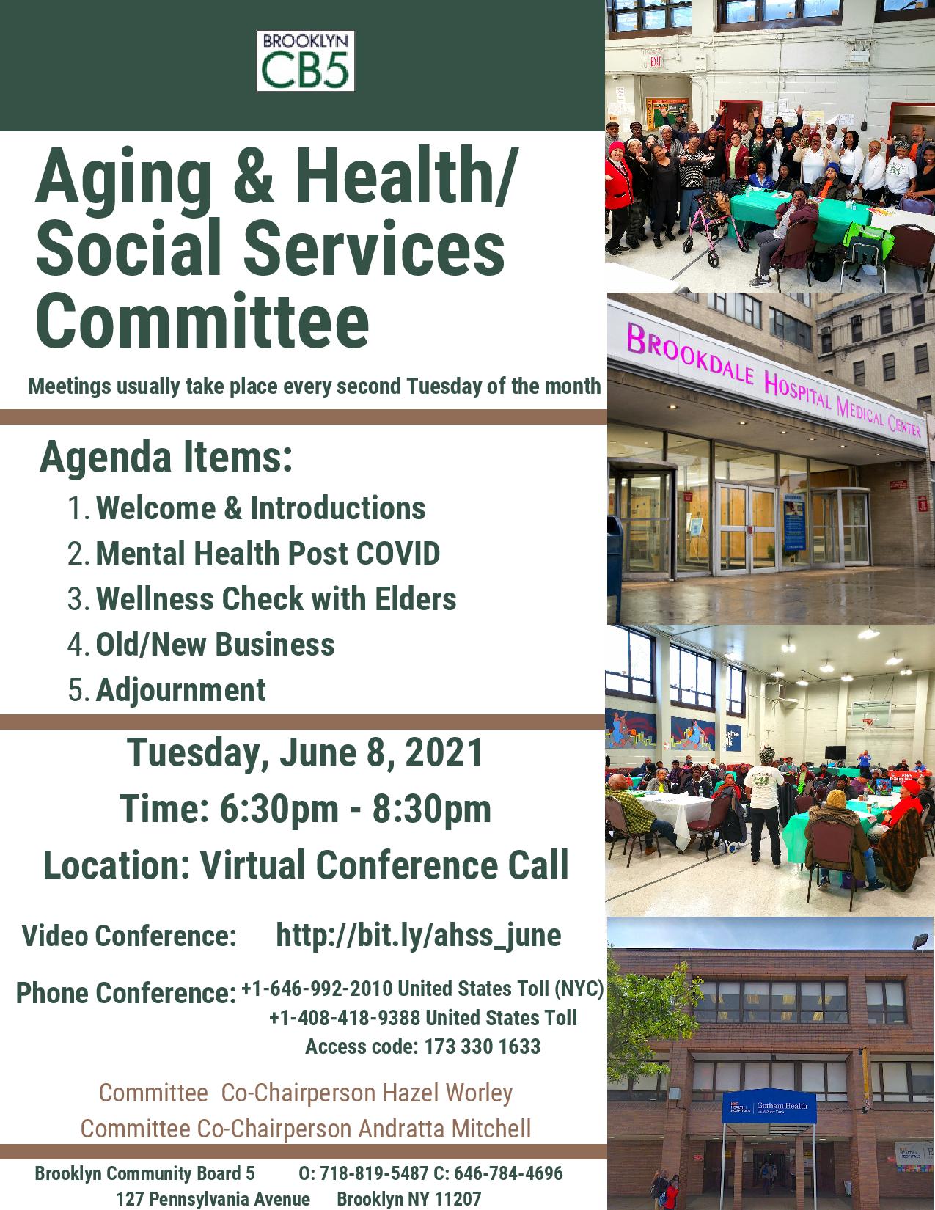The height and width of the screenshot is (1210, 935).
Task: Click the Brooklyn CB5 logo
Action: point(305,61)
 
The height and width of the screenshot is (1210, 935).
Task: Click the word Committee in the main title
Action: point(202,321)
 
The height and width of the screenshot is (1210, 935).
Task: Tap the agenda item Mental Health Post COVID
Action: point(268,554)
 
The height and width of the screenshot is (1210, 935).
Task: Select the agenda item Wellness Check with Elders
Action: point(276,599)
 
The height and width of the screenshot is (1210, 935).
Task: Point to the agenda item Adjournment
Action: point(181,691)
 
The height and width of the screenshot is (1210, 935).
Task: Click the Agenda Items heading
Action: point(166,457)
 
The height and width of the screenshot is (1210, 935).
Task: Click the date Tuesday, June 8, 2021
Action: point(304,753)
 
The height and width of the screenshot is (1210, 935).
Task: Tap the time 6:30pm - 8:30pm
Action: point(355,809)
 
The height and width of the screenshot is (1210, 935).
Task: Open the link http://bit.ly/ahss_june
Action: point(419,935)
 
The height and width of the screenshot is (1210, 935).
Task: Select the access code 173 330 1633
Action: point(483,1046)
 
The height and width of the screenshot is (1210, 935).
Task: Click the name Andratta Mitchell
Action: point(444,1129)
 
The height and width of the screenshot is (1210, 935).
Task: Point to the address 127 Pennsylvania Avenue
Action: point(213,1198)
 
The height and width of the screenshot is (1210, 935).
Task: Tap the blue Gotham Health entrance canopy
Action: point(769,1106)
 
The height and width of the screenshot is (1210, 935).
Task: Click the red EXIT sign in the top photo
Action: point(656,61)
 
